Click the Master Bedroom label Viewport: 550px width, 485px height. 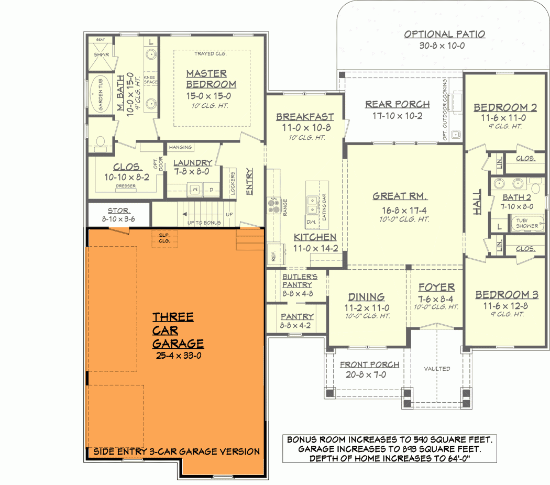(x=211, y=79)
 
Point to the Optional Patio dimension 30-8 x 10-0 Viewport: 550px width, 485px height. (x=444, y=46)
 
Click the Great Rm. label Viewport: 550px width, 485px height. (x=400, y=196)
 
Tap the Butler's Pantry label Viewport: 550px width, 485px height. (x=297, y=281)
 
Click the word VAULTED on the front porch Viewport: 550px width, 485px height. (x=437, y=369)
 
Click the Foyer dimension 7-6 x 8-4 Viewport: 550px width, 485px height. (x=436, y=299)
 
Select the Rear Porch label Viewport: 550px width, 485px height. (x=397, y=105)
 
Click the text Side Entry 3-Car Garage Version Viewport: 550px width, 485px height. (x=176, y=451)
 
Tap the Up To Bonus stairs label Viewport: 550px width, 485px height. (x=204, y=223)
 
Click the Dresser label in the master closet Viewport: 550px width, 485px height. (x=126, y=186)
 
